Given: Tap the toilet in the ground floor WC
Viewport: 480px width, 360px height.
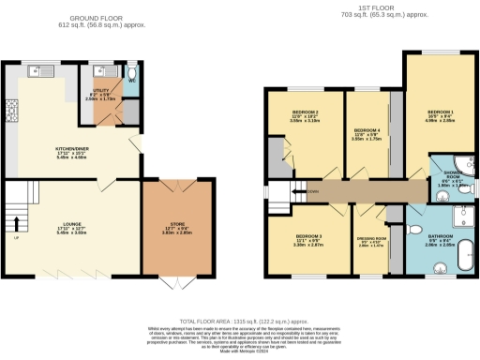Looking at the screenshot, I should pyautogui.click(x=131, y=71).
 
